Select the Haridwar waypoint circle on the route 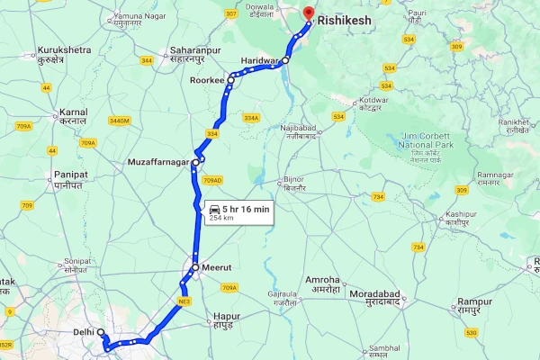(x=286, y=60)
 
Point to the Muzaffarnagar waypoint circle (x=195, y=162)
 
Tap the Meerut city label (x=218, y=267)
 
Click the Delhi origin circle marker (x=102, y=333)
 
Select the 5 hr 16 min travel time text (x=246, y=209)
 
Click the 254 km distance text (x=221, y=218)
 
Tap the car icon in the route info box (x=215, y=209)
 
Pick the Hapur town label (x=229, y=317)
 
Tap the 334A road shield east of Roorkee (x=251, y=118)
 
